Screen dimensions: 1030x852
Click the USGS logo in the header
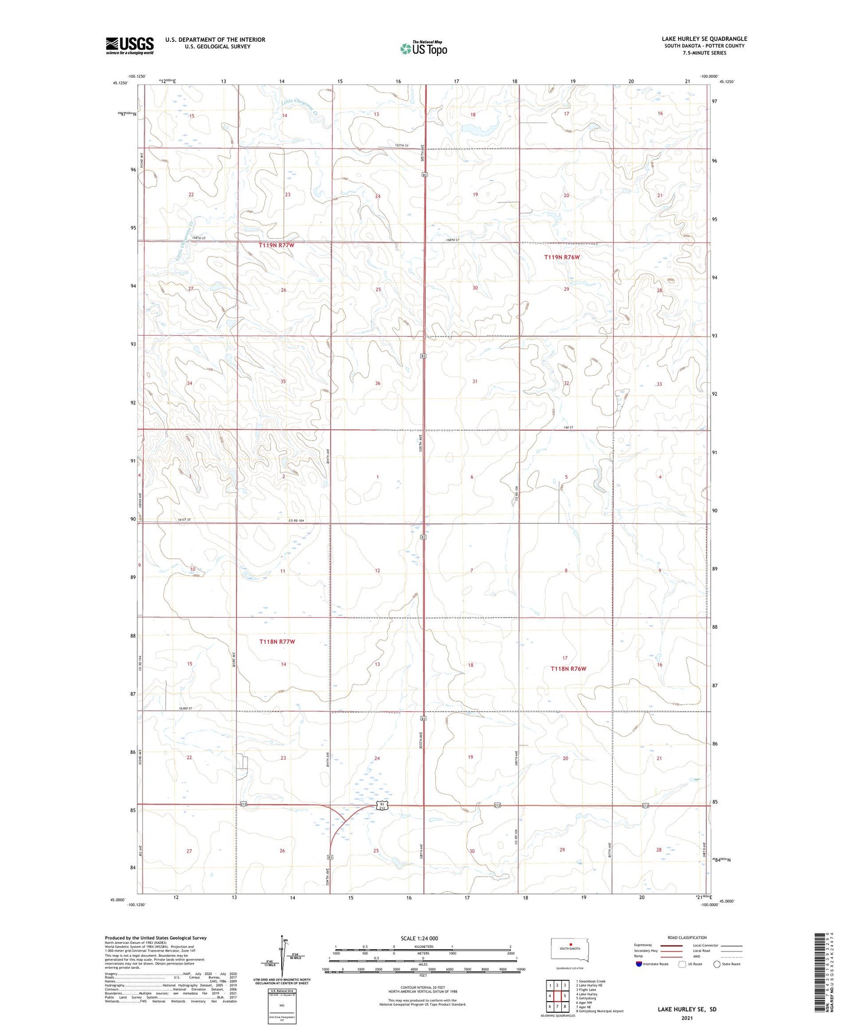[x=130, y=45]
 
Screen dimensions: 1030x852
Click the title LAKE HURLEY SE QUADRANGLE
[x=704, y=39]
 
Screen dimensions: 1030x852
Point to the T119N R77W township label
[x=276, y=245]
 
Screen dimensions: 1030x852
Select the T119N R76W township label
[x=562, y=257]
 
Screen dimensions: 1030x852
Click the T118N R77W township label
[x=277, y=641]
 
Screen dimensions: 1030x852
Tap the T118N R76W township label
[x=568, y=668]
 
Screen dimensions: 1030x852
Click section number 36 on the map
[x=378, y=383]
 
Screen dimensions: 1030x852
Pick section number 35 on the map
[x=283, y=382]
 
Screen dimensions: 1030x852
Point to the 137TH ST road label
[x=402, y=146]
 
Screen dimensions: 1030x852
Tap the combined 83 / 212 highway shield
[x=383, y=806]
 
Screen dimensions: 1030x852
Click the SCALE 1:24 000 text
[x=419, y=938]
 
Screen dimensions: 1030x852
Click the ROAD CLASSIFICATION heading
[x=687, y=937]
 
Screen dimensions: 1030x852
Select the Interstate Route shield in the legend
[x=639, y=964]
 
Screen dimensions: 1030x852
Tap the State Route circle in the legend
[x=717, y=964]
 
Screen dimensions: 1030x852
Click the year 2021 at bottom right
[x=686, y=1018]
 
